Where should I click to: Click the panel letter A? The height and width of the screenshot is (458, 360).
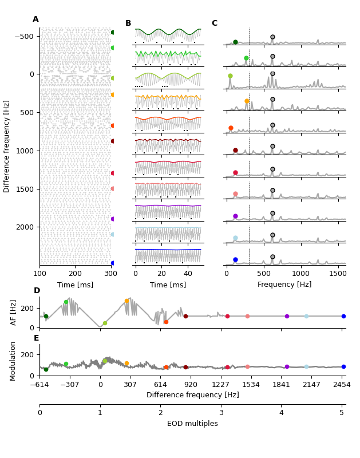(35, 19)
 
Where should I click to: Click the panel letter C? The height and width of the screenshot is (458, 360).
(214, 23)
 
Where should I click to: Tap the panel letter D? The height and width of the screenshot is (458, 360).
(37, 291)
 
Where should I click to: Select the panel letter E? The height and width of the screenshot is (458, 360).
(36, 338)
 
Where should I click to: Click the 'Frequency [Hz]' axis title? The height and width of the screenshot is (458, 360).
(284, 285)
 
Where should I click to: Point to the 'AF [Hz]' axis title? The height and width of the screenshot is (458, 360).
(14, 312)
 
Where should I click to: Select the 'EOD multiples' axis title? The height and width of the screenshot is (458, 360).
(192, 424)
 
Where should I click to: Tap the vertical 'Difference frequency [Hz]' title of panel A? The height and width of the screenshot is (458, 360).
(7, 146)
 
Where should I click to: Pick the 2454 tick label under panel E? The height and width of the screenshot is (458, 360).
(342, 385)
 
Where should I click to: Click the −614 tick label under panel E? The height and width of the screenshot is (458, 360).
(39, 385)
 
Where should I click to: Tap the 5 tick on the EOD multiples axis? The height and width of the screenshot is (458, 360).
(342, 413)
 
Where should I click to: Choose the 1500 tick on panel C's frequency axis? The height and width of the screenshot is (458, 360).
(338, 273)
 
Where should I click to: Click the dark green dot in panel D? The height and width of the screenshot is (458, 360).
(46, 317)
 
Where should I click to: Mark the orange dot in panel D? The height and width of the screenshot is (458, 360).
(127, 301)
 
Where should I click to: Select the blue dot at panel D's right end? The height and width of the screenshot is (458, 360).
(343, 316)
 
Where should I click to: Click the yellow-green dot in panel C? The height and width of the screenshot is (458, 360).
(230, 76)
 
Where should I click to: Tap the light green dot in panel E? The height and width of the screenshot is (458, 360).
(66, 364)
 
